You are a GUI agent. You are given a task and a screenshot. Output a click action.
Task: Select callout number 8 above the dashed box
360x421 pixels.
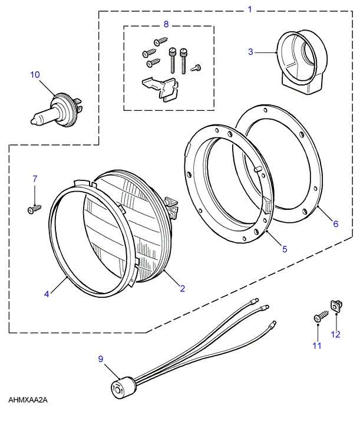[166, 24]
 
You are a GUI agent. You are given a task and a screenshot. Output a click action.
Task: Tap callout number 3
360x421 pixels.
[250, 52]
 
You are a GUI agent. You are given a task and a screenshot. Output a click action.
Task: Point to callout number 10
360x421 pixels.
[35, 74]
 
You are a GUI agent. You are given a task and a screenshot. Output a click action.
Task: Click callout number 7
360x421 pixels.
[35, 178]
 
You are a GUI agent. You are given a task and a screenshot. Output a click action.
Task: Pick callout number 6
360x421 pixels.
[336, 223]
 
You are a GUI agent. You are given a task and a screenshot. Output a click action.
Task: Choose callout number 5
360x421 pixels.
[285, 249]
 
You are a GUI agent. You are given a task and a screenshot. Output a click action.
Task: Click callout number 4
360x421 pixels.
[47, 293]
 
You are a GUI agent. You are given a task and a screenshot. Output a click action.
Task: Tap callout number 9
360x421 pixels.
[100, 358]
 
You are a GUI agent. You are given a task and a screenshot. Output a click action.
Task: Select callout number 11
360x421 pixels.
[317, 346]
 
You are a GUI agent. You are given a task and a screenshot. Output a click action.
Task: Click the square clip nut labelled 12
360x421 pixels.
[338, 305]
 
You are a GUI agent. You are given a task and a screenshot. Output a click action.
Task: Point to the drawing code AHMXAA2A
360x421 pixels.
[28, 400]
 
